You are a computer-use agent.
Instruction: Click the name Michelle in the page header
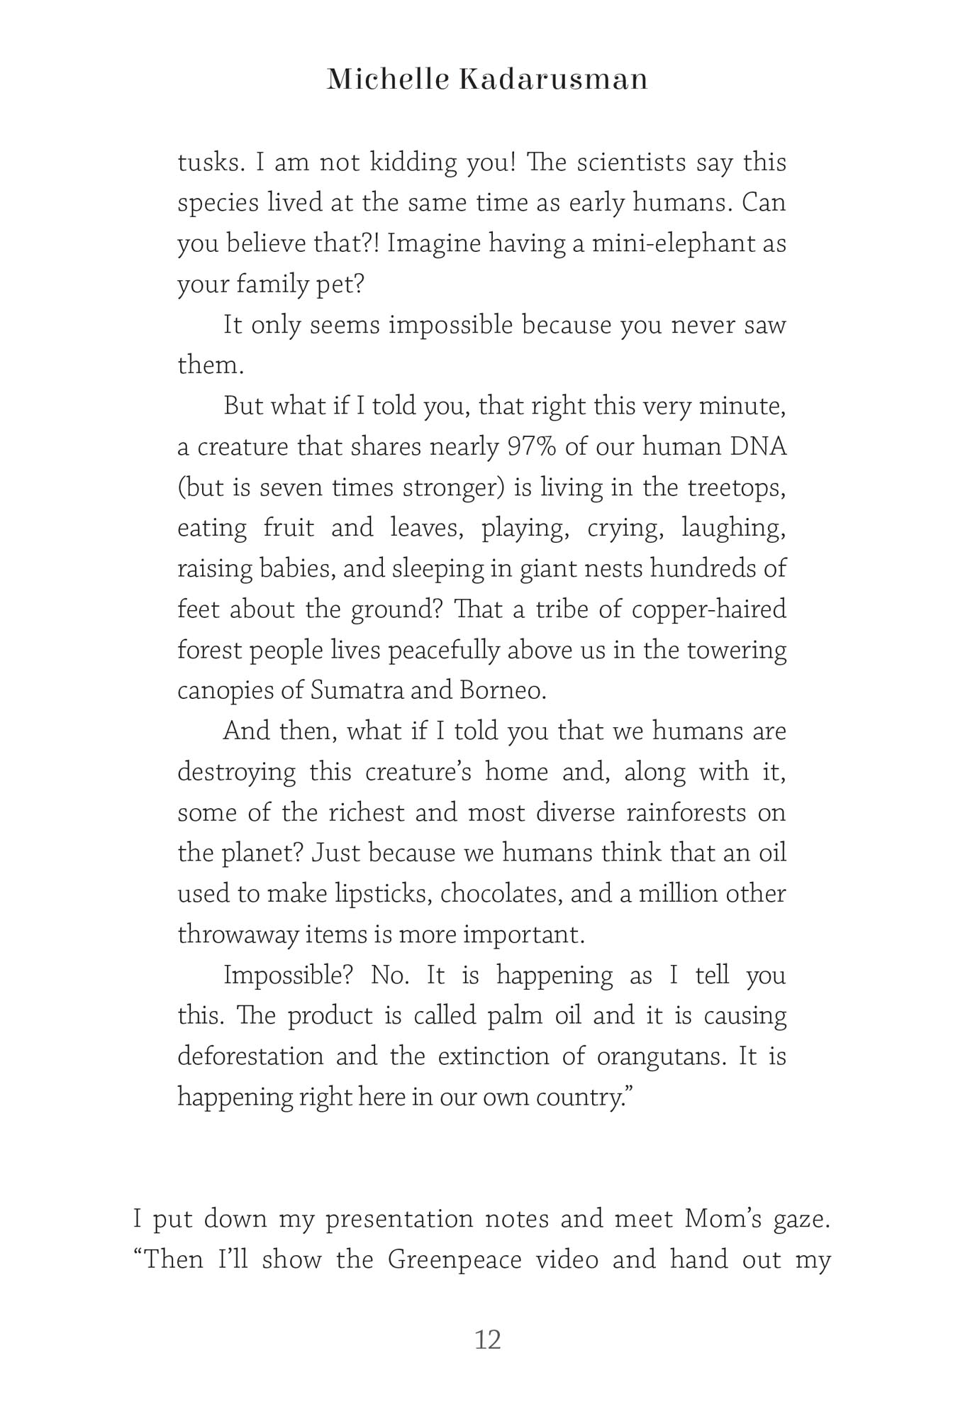tap(388, 79)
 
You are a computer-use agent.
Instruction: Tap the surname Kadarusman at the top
tap(553, 79)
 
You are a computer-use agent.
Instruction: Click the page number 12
tap(487, 1340)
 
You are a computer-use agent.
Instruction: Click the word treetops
tap(737, 487)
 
